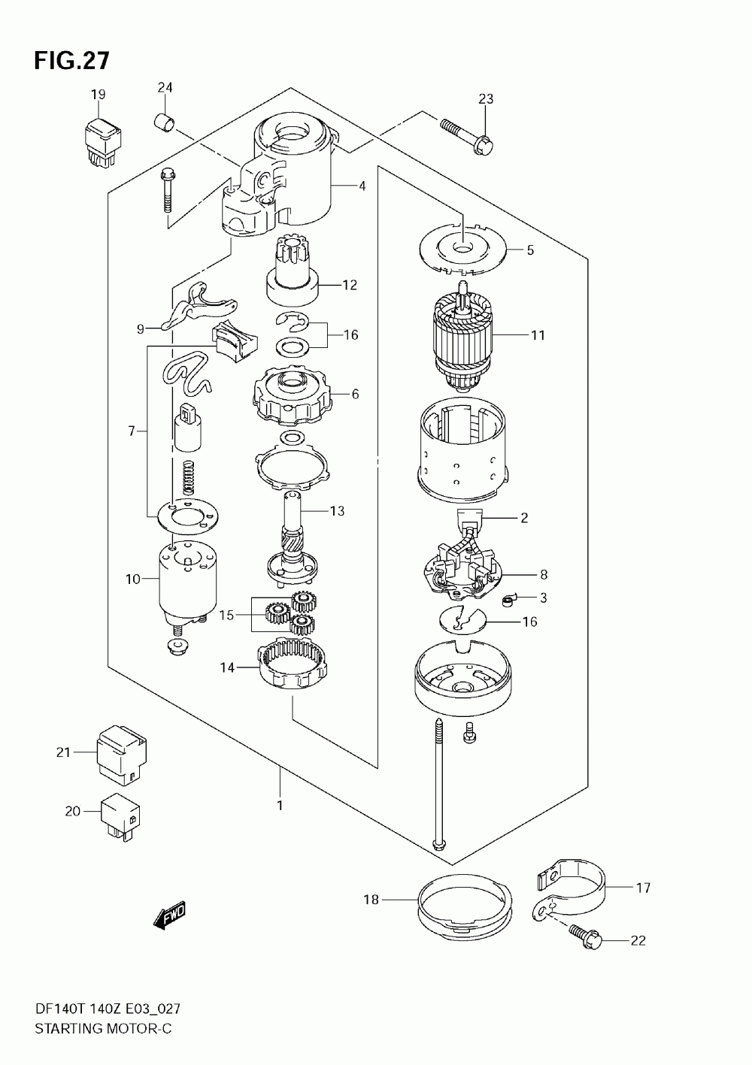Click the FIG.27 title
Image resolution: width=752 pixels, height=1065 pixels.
coord(72,60)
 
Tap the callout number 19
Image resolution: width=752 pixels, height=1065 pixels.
coord(98,94)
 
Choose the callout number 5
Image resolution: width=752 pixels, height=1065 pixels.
coord(530,250)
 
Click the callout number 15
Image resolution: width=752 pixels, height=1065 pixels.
coord(226,615)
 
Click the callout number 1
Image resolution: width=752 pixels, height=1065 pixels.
coord(280,806)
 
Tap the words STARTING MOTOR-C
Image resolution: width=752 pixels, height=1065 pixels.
coord(103,1028)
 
